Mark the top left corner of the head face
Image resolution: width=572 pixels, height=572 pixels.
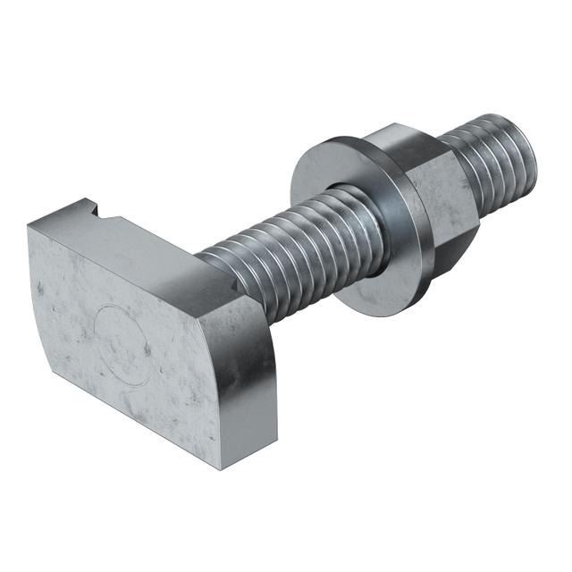(x=29, y=227)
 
